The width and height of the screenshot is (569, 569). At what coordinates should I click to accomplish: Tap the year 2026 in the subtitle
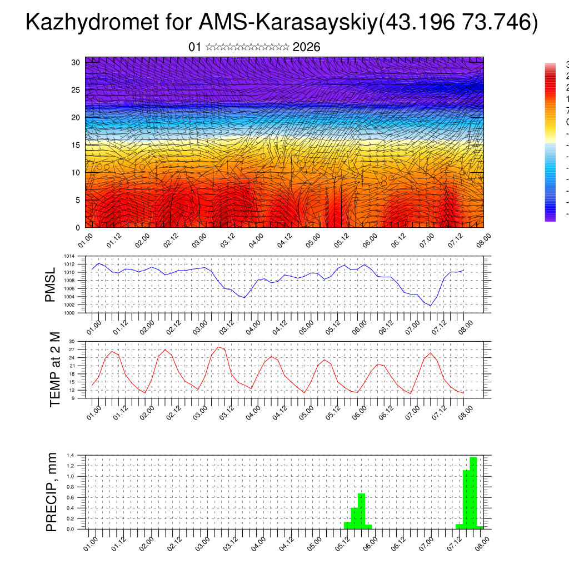tap(306, 47)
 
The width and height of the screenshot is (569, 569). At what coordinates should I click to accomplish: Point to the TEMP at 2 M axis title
tap(54, 370)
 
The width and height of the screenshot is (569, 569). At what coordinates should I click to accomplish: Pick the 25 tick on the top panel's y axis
tap(76, 90)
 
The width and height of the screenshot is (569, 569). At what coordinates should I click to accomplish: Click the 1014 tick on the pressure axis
tap(68, 256)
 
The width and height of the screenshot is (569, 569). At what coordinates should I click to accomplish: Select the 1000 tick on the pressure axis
tap(68, 313)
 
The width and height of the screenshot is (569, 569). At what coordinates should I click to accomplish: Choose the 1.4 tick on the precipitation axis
tap(70, 456)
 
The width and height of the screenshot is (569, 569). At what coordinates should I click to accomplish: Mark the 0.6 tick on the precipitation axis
tap(70, 497)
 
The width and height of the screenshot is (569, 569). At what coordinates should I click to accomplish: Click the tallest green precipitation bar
tap(473, 492)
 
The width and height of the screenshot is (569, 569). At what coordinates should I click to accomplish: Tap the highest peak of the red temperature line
tap(219, 347)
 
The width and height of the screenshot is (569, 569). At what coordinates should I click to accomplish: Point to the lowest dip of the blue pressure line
tap(430, 306)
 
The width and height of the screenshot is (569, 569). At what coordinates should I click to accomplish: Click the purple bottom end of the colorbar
tap(550, 218)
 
